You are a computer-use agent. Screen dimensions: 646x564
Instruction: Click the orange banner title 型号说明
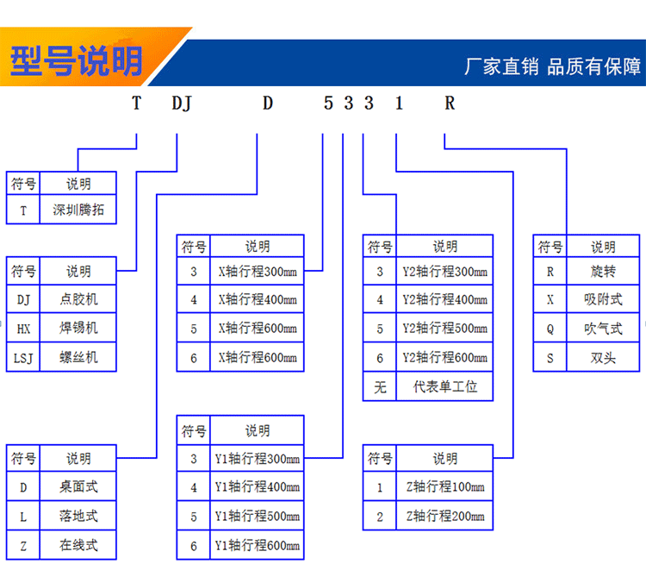[76, 61]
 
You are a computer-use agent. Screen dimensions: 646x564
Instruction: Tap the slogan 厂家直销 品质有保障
[552, 66]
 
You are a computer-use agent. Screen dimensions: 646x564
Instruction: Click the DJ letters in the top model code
[182, 103]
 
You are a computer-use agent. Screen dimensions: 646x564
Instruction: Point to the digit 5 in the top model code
[328, 103]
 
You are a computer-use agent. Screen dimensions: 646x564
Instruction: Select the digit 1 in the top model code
[399, 103]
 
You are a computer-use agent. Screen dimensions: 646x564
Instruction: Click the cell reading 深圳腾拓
[78, 210]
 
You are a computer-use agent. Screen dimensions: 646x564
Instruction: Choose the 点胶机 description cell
[78, 299]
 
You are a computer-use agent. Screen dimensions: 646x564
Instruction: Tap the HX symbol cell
[23, 329]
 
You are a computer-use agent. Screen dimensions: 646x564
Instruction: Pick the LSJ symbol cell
[23, 358]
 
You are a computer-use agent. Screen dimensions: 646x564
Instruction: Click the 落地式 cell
[78, 516]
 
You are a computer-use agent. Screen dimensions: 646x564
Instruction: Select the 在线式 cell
[78, 545]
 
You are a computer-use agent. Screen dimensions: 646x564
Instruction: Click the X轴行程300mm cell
[258, 272]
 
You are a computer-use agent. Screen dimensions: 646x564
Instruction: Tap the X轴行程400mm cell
[258, 299]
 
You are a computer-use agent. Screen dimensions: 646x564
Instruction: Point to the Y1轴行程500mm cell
[258, 516]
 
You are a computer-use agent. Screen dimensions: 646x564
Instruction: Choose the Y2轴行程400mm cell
[445, 299]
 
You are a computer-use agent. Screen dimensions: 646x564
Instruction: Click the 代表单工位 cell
[445, 386]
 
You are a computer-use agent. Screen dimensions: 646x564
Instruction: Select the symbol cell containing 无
[380, 386]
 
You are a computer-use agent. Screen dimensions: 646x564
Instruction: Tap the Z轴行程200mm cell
[445, 516]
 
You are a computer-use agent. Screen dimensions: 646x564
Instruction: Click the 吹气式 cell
[603, 329]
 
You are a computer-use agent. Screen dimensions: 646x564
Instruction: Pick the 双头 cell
[603, 358]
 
